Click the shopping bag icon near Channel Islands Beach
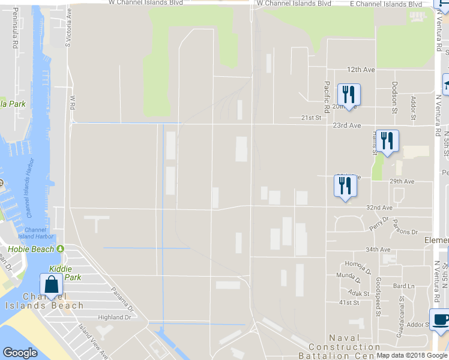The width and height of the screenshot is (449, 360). tap(52, 284)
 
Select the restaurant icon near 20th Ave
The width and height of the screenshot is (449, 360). tap(348, 94)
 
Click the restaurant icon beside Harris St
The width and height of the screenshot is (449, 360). tap(387, 141)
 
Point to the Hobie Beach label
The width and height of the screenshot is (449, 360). tap(31, 249)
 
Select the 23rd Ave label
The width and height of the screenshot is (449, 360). tap(348, 126)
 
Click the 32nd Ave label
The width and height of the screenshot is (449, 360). tap(379, 208)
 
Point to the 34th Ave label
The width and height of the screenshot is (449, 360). tap(378, 250)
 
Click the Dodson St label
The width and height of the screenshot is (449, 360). tap(394, 98)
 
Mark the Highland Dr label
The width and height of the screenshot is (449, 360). tap(115, 317)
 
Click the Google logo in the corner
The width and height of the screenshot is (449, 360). tap(20, 353)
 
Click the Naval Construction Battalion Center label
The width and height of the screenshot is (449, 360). tap(345, 347)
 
